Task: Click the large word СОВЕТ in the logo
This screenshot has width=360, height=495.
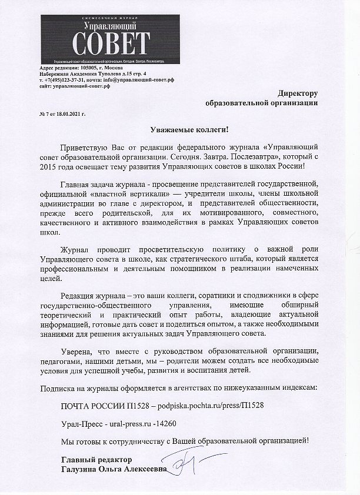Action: pyautogui.click(x=111, y=43)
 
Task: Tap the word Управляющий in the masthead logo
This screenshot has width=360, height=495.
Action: pyautogui.click(x=111, y=26)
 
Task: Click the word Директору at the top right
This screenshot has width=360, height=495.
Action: pyautogui.click(x=298, y=92)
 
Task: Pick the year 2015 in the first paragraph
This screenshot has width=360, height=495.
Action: pyautogui.click(x=49, y=168)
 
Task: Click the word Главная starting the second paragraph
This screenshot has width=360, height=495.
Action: pyautogui.click(x=75, y=185)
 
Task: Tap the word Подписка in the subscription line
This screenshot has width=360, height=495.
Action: pyautogui.click(x=57, y=389)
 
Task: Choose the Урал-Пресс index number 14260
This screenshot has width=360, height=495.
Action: pyautogui.click(x=165, y=423)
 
